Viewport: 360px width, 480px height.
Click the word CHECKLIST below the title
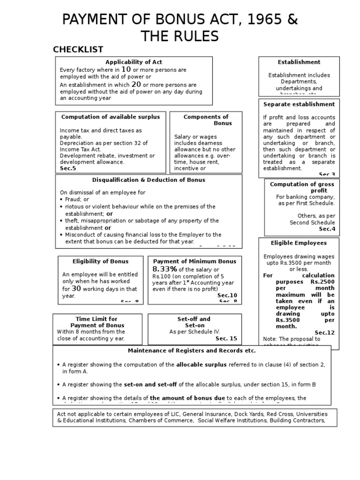point(78,50)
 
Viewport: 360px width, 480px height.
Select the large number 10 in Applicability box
point(126,69)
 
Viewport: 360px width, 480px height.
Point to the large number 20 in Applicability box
point(136,84)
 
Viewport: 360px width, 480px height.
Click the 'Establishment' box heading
point(299,62)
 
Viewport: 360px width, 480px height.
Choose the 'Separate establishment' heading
point(299,104)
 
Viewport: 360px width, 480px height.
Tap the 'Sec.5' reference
point(68,168)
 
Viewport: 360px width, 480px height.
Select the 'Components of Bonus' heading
point(206,120)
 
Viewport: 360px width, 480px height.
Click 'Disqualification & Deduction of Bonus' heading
point(148,180)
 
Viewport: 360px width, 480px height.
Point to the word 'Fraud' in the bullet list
point(73,199)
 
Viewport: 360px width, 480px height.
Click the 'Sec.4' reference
point(327,229)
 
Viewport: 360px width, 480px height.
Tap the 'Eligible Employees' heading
point(299,243)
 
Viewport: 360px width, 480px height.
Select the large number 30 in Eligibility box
point(76,288)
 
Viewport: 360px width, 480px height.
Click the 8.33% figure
point(165,269)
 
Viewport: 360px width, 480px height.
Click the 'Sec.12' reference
point(324,332)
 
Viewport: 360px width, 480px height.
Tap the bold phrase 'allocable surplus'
point(201,364)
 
